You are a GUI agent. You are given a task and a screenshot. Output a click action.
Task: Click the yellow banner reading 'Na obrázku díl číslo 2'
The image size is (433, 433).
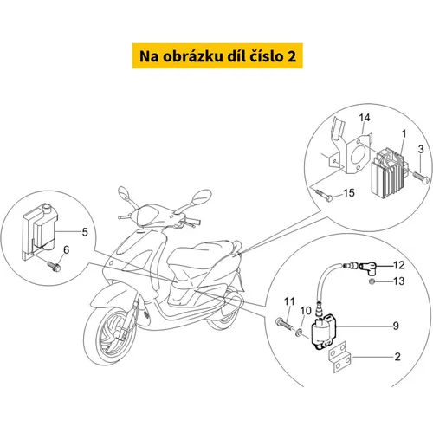(x=217, y=56)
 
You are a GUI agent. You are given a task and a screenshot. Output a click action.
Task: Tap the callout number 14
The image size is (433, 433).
(x=365, y=118)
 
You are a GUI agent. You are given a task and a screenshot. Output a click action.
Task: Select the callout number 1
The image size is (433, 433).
(x=404, y=133)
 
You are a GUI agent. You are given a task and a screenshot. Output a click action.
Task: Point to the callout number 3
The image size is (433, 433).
(x=421, y=149)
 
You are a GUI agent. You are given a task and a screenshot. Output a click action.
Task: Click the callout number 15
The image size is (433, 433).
(x=349, y=193)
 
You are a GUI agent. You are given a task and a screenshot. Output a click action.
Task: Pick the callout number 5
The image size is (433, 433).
(x=85, y=232)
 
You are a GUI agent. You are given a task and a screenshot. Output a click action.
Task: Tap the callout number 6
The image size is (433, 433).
(x=67, y=249)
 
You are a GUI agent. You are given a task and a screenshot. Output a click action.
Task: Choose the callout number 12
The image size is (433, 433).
(x=398, y=265)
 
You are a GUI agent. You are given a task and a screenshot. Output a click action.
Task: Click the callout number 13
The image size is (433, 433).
(x=398, y=281)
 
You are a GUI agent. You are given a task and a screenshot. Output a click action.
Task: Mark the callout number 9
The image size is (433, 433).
(x=396, y=326)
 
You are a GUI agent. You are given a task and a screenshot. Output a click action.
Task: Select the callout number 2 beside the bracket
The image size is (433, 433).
(x=397, y=357)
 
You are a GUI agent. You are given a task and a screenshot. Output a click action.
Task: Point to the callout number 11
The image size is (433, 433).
(x=289, y=301)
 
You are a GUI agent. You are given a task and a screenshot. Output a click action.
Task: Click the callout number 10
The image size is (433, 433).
(x=306, y=311)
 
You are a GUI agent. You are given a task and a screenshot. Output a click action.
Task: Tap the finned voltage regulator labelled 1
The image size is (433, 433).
(x=388, y=171)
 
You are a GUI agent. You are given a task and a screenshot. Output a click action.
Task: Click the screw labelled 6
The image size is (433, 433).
(x=55, y=266)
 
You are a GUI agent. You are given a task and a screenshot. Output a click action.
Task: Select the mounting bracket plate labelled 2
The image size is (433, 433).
(x=340, y=357)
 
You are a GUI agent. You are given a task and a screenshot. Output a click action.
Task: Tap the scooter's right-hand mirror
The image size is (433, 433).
(x=201, y=197)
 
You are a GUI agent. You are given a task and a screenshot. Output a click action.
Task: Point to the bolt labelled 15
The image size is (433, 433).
(x=322, y=195)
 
